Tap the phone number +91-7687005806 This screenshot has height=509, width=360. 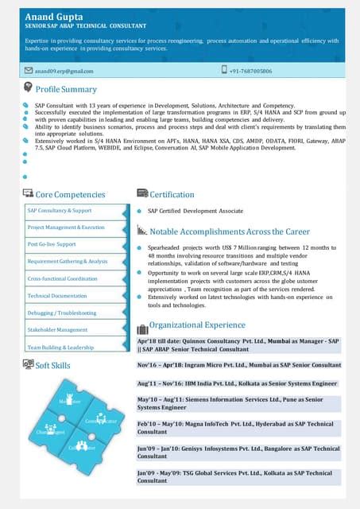pyautogui.click(x=250, y=71)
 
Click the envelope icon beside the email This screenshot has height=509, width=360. pyautogui.click(x=29, y=71)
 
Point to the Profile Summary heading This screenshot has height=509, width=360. pyautogui.click(x=66, y=89)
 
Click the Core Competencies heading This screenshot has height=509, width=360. pyautogui.click(x=70, y=194)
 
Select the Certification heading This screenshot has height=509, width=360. pyautogui.click(x=172, y=194)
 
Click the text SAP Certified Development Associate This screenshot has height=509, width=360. pyautogui.click(x=195, y=211)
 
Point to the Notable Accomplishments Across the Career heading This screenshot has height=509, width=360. pyautogui.click(x=230, y=231)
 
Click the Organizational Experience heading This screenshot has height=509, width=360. pyautogui.click(x=197, y=324)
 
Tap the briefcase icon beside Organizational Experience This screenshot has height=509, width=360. pyautogui.click(x=142, y=328)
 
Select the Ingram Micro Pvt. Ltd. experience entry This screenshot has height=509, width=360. pyautogui.click(x=238, y=364)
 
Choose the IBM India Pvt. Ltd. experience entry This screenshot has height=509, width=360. pyautogui.click(x=237, y=383)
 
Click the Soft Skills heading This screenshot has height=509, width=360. pyautogui.click(x=52, y=365)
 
